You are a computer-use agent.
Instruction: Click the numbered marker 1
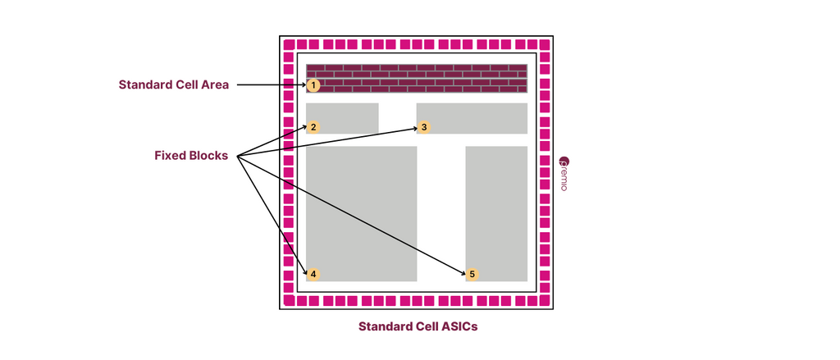click(x=313, y=85)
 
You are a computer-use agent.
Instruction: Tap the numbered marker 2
click(x=313, y=127)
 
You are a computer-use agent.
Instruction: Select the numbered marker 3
click(x=424, y=127)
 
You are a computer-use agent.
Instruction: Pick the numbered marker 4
click(x=313, y=274)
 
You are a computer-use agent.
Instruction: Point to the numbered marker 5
click(x=472, y=274)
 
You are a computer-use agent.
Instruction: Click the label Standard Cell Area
click(x=174, y=84)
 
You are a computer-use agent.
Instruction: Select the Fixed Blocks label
click(x=191, y=156)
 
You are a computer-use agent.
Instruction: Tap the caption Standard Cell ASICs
click(x=418, y=326)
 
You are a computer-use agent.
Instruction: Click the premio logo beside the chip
click(x=564, y=173)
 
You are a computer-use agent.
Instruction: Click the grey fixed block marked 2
click(x=342, y=118)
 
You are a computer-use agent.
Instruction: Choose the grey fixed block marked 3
click(x=472, y=118)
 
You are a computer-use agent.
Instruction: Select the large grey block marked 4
click(x=362, y=214)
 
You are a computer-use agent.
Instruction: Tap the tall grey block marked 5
click(x=496, y=214)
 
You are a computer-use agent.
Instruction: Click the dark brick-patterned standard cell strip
click(x=417, y=78)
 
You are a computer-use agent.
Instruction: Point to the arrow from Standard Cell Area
click(x=272, y=84)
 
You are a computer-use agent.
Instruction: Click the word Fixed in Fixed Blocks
click(x=169, y=156)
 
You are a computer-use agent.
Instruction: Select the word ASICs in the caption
click(x=461, y=326)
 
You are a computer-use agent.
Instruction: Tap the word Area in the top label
click(x=216, y=84)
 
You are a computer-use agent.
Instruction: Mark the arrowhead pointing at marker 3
click(x=414, y=128)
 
